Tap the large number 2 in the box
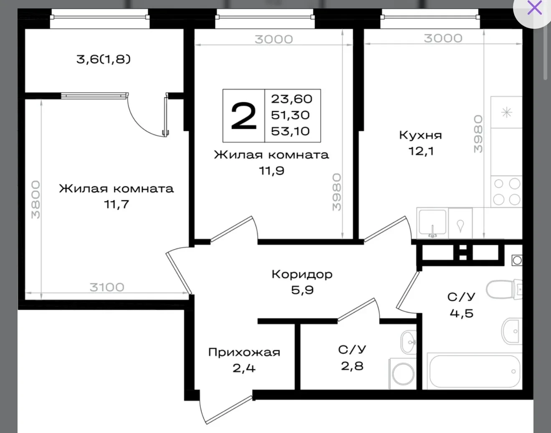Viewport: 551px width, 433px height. tap(243, 116)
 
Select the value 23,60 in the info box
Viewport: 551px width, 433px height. tap(292, 99)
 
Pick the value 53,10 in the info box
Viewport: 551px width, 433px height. tap(291, 131)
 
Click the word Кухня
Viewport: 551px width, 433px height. tap(420, 135)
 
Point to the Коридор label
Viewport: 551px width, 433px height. tap(302, 274)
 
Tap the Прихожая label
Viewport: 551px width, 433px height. tap(244, 352)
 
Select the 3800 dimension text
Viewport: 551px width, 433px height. tap(35, 200)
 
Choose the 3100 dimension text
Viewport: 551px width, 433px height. tap(107, 287)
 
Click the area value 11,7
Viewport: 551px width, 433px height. tap(116, 204)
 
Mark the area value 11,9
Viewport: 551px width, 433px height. tap(272, 171)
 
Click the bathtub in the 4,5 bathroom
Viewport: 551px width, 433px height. tap(475, 371)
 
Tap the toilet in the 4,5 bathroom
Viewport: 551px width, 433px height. tap(504, 290)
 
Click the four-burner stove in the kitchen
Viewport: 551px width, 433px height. tap(506, 191)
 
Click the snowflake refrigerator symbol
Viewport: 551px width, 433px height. tap(506, 113)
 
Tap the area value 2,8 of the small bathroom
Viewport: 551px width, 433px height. tap(352, 366)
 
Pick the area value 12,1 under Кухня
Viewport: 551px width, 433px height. tap(421, 151)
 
